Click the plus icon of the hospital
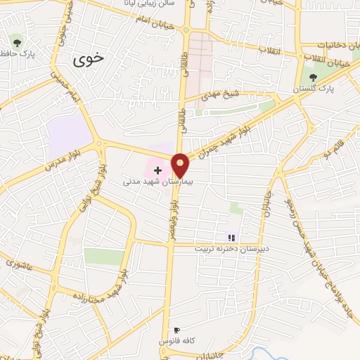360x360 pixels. (157, 169)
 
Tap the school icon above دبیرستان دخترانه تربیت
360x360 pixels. (231, 238)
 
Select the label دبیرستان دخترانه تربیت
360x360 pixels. (231, 248)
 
